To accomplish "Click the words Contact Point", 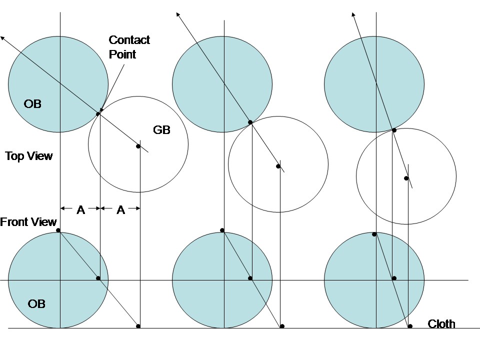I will (129, 47).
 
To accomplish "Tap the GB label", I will (161, 130).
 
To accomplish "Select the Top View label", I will (29, 156).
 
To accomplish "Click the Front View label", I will (28, 222).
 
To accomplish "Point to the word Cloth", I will (441, 324).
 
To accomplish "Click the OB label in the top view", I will (32, 104).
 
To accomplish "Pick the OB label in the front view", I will (37, 303).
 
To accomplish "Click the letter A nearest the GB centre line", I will (120, 210).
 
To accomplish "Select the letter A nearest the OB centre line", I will (80, 210).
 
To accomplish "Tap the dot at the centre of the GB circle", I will (138, 146).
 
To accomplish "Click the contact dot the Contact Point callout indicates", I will (98, 114).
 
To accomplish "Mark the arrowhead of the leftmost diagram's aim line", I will (2, 37).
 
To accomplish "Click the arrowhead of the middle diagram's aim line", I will (177, 13).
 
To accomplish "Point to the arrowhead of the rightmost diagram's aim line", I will (353, 14).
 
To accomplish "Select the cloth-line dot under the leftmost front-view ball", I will (138, 326).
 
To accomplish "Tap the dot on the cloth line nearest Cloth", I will (410, 326).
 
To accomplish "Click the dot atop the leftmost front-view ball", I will (58, 230).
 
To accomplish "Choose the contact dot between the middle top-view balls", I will (250, 121).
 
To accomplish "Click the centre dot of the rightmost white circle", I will (406, 178).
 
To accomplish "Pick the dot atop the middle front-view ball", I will (222, 230).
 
